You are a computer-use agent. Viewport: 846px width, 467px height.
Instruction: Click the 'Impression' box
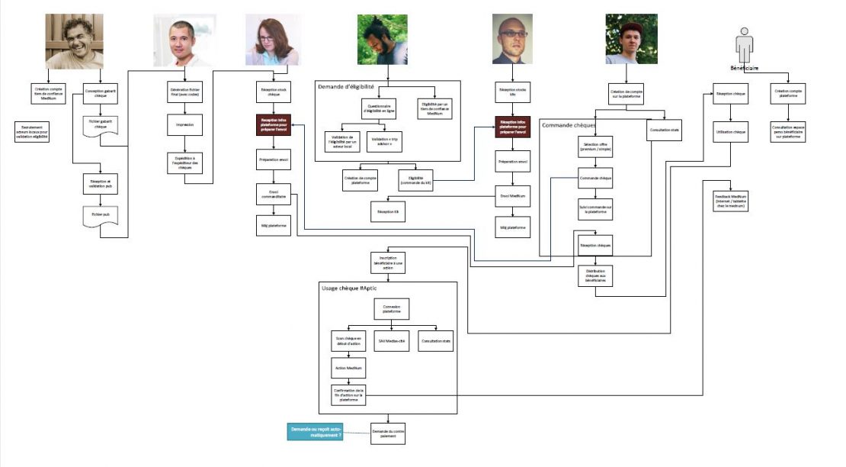184,124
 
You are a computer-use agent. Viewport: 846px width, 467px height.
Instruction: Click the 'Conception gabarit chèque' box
100,92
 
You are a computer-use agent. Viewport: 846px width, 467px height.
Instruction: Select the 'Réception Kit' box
388,211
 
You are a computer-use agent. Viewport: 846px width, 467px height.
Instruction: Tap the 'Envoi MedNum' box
512,196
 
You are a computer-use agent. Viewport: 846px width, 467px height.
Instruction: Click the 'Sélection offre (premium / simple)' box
595,147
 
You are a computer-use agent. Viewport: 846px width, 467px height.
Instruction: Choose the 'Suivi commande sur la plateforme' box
595,208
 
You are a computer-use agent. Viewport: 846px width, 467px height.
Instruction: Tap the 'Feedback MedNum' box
731,200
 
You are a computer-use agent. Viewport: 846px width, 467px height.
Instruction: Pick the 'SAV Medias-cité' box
393,341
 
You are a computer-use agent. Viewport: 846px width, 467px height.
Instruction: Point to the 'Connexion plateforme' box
393,308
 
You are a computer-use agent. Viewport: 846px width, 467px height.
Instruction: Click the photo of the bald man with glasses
512,40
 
